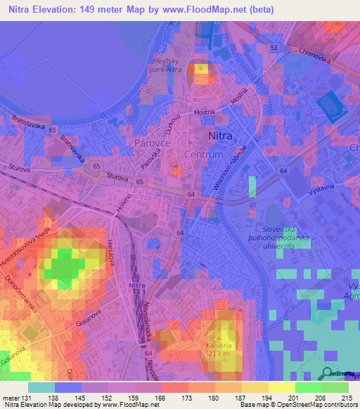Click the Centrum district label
click(203, 153)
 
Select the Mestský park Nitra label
click(169, 65)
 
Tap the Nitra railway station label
click(138, 286)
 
